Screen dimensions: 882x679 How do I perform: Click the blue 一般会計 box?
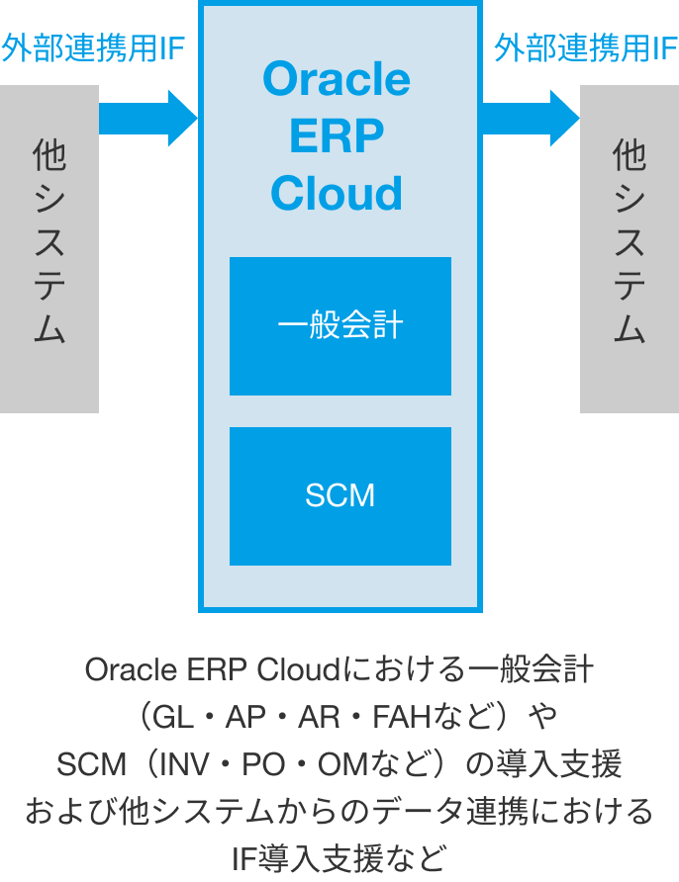click(340, 326)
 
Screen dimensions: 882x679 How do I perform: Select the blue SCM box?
click(340, 495)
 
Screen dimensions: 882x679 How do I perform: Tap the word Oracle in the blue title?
click(337, 78)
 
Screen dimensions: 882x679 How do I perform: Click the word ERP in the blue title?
click(337, 136)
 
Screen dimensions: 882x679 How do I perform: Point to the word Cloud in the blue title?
click(337, 194)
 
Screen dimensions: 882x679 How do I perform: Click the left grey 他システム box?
click(48, 248)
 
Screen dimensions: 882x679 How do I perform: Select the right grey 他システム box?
click(630, 248)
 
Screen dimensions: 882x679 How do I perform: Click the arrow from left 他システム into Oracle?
click(148, 118)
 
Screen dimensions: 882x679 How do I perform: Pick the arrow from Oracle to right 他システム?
click(531, 118)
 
